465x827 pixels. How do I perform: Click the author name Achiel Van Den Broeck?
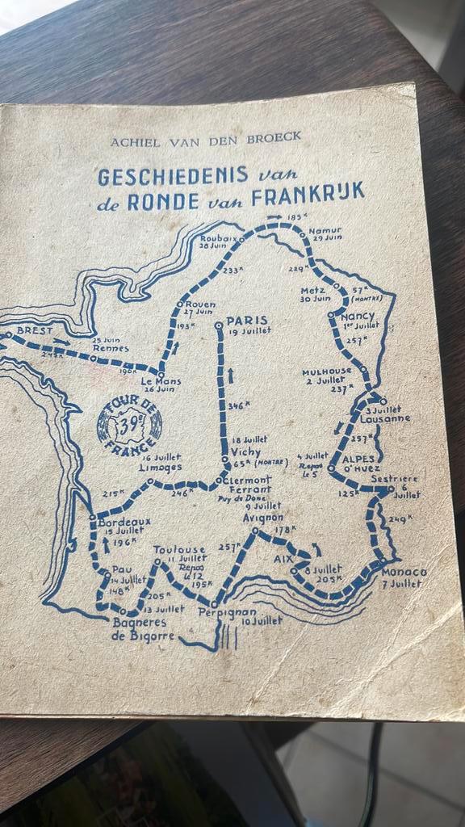[206, 138]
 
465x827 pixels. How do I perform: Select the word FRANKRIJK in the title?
[320, 193]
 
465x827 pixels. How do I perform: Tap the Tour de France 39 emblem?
[129, 423]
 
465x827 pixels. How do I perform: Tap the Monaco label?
[403, 572]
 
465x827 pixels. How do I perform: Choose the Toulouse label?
[178, 549]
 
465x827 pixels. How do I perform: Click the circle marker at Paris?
[218, 325]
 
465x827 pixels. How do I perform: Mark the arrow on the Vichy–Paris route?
[229, 373]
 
